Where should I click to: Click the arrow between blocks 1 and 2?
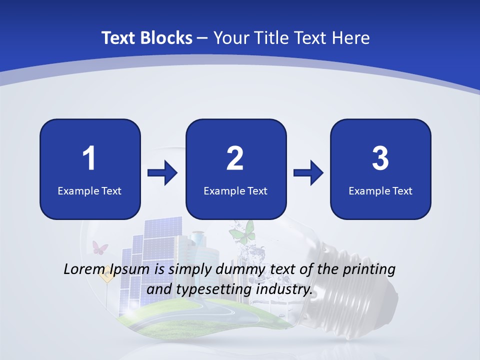click(163, 173)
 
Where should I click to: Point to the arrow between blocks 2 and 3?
click(308, 173)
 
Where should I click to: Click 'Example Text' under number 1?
click(89, 190)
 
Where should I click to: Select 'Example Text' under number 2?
click(235, 190)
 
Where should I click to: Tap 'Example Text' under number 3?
click(380, 190)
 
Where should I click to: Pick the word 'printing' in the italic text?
click(369, 269)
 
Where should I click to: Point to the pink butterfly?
click(100, 247)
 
